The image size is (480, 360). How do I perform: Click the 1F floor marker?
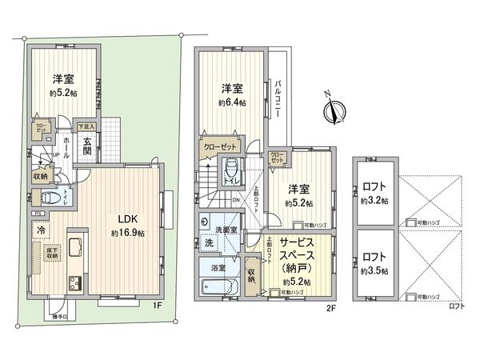[159, 305]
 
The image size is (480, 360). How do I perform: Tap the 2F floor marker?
[329, 305]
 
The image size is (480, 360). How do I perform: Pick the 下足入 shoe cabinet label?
[87, 126]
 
